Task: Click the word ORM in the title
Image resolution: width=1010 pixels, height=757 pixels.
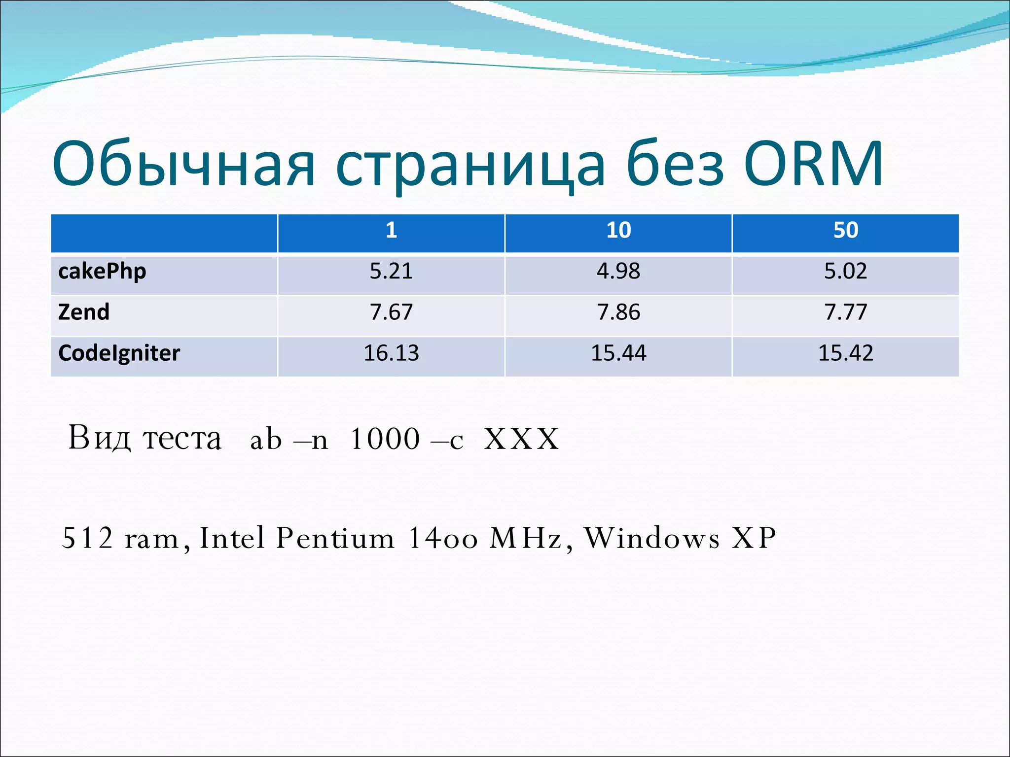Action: [814, 165]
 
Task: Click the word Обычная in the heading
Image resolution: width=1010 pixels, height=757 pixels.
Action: [183, 165]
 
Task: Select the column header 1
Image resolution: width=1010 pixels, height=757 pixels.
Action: [391, 231]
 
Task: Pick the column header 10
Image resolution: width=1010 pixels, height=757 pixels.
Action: [618, 231]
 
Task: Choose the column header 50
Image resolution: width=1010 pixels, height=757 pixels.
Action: [846, 231]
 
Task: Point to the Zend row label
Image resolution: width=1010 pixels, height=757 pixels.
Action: [84, 312]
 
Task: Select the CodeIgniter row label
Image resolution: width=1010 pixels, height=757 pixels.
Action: [119, 353]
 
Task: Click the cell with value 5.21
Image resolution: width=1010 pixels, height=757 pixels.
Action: [391, 272]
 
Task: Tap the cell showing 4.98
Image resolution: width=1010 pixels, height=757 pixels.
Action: [618, 272]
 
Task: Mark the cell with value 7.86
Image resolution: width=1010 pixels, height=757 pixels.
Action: [618, 312]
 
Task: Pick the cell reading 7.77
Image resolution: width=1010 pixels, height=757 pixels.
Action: [846, 312]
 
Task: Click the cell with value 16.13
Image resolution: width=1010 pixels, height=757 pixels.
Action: [391, 353]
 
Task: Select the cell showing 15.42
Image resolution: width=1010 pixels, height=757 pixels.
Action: [846, 353]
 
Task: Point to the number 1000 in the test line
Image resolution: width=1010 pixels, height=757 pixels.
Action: [385, 439]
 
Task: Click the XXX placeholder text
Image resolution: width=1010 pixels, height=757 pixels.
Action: [522, 439]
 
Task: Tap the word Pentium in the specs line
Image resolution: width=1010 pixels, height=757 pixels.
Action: [335, 538]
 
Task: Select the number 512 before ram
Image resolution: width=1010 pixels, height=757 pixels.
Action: [87, 538]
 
